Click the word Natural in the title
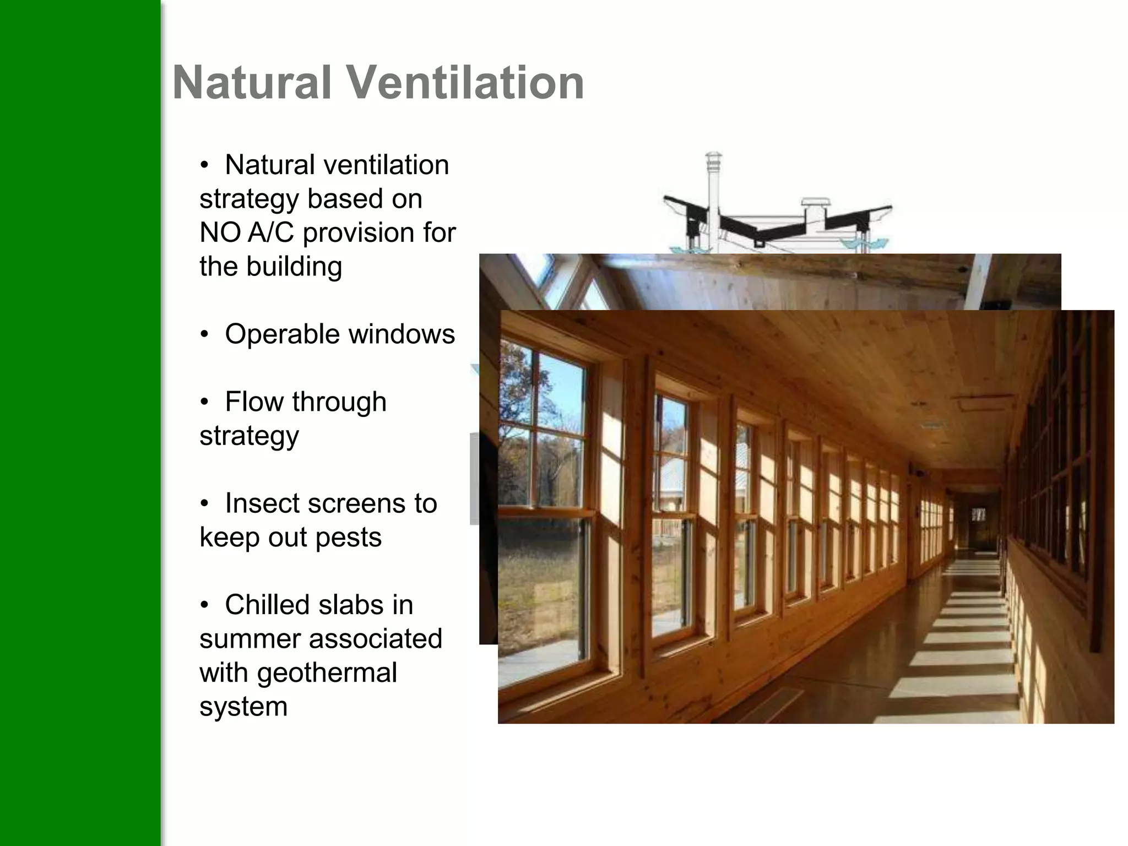[x=252, y=83]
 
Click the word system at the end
[x=243, y=707]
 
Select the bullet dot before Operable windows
[x=204, y=334]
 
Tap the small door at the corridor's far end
[x=978, y=529]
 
